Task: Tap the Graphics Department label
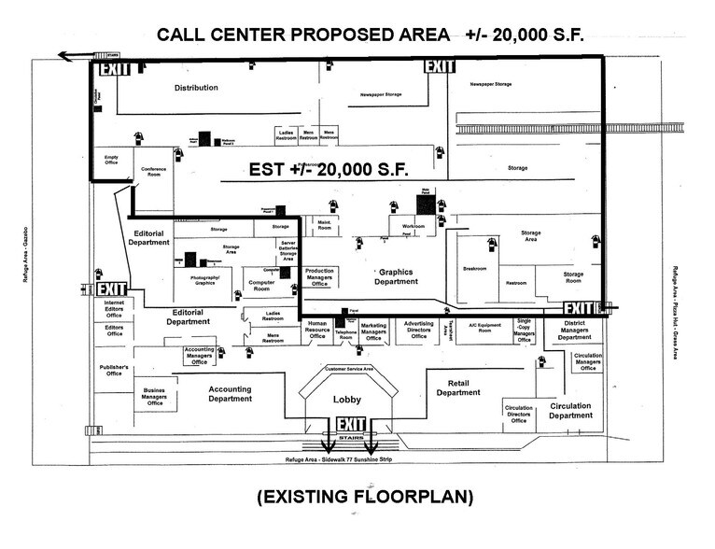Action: tap(396, 276)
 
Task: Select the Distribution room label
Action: tap(196, 88)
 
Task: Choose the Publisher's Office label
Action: tap(114, 371)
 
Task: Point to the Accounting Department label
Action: tap(230, 394)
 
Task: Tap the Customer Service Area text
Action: tap(348, 370)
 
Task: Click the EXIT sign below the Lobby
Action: tap(348, 426)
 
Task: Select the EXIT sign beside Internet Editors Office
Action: tap(111, 289)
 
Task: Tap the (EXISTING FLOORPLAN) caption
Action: tap(365, 498)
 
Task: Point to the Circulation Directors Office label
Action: tap(518, 414)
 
